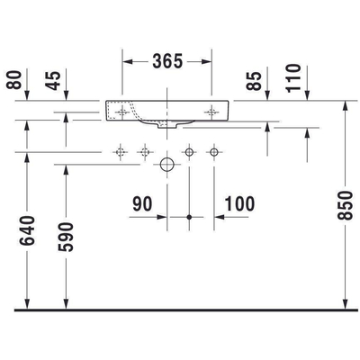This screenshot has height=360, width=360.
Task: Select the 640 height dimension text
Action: click(30, 234)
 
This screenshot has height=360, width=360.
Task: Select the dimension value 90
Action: click(142, 204)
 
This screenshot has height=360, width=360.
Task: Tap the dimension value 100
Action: click(238, 204)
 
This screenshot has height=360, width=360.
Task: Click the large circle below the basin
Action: click(166, 166)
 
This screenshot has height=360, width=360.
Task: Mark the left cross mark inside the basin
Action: click(120, 112)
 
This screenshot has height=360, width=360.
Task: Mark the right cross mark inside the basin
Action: click(211, 112)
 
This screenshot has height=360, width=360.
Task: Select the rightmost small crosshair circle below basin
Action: click(213, 153)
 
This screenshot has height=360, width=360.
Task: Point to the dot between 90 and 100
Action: click(188, 217)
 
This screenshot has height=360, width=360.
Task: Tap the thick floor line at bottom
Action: click(180, 310)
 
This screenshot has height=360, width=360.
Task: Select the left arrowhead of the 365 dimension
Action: click(126, 61)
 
